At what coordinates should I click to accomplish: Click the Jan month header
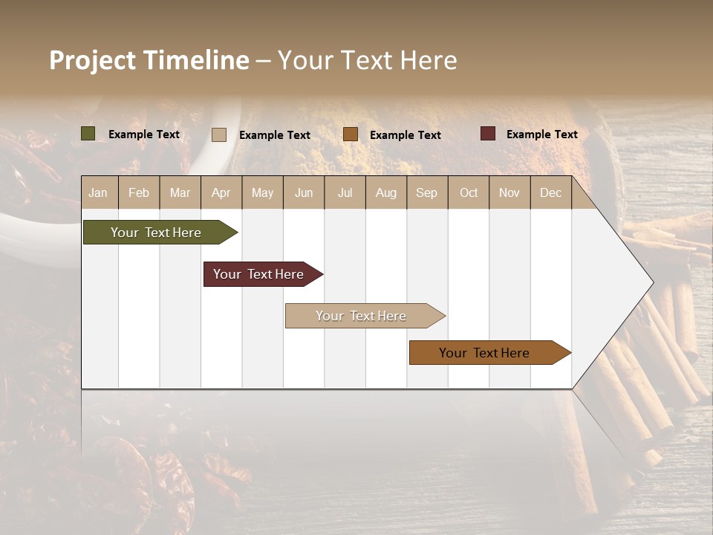(98, 192)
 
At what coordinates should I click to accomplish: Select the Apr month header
(221, 192)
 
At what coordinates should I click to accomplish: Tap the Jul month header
(345, 192)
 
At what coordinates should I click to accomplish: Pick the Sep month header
(426, 192)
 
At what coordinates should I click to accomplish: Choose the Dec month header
(550, 192)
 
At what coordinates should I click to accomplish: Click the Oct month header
(469, 192)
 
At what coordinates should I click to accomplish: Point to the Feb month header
(139, 192)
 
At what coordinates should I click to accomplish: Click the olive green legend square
(88, 134)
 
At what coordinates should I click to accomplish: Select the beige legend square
(219, 134)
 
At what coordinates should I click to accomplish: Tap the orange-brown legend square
(351, 134)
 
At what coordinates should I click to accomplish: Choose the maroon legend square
(488, 134)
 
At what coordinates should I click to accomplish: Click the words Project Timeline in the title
(149, 60)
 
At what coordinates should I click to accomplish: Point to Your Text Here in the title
(367, 60)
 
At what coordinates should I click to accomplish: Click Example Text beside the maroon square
(541, 134)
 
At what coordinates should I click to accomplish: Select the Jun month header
(304, 192)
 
